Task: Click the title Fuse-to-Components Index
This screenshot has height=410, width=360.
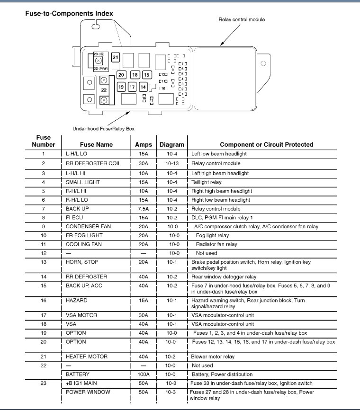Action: [69, 13]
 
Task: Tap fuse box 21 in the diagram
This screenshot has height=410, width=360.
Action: [116, 57]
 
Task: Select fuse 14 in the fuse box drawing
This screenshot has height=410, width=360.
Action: [143, 87]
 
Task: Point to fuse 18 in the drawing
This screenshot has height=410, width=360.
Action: [135, 75]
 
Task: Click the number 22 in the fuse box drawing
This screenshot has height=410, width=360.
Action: [104, 89]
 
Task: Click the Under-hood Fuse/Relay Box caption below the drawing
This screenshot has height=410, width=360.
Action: [106, 128]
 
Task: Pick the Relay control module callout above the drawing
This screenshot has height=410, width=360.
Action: [242, 19]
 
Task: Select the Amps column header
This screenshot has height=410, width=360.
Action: [144, 144]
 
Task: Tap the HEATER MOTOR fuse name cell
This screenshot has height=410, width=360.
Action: [87, 356]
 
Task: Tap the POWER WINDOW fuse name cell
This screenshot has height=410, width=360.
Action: [88, 392]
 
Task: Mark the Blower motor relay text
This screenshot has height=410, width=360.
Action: [213, 356]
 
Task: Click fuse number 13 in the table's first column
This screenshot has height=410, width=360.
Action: [43, 261]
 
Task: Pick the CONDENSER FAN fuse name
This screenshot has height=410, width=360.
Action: [89, 226]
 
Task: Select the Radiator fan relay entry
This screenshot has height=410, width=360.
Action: [216, 244]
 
